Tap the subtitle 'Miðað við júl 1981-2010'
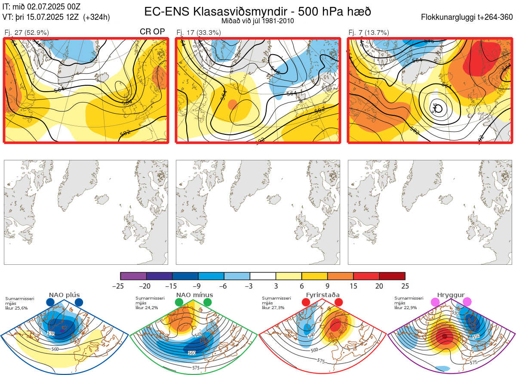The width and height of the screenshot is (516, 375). tap(258, 21)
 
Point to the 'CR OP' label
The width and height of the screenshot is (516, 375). tap(153, 32)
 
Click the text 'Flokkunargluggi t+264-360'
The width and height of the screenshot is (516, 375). tap(467, 17)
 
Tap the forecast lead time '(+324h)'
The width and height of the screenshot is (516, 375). tap(97, 17)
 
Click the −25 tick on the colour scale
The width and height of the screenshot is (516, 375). tap(120, 286)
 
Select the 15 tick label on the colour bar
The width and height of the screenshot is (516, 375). tap(353, 286)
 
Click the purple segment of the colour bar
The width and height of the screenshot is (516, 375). tap(133, 276)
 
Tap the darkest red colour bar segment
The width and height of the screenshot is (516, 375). tap(392, 276)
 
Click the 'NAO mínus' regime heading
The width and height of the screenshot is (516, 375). tap(194, 295)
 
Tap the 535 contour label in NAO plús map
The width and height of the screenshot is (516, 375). tap(51, 334)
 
